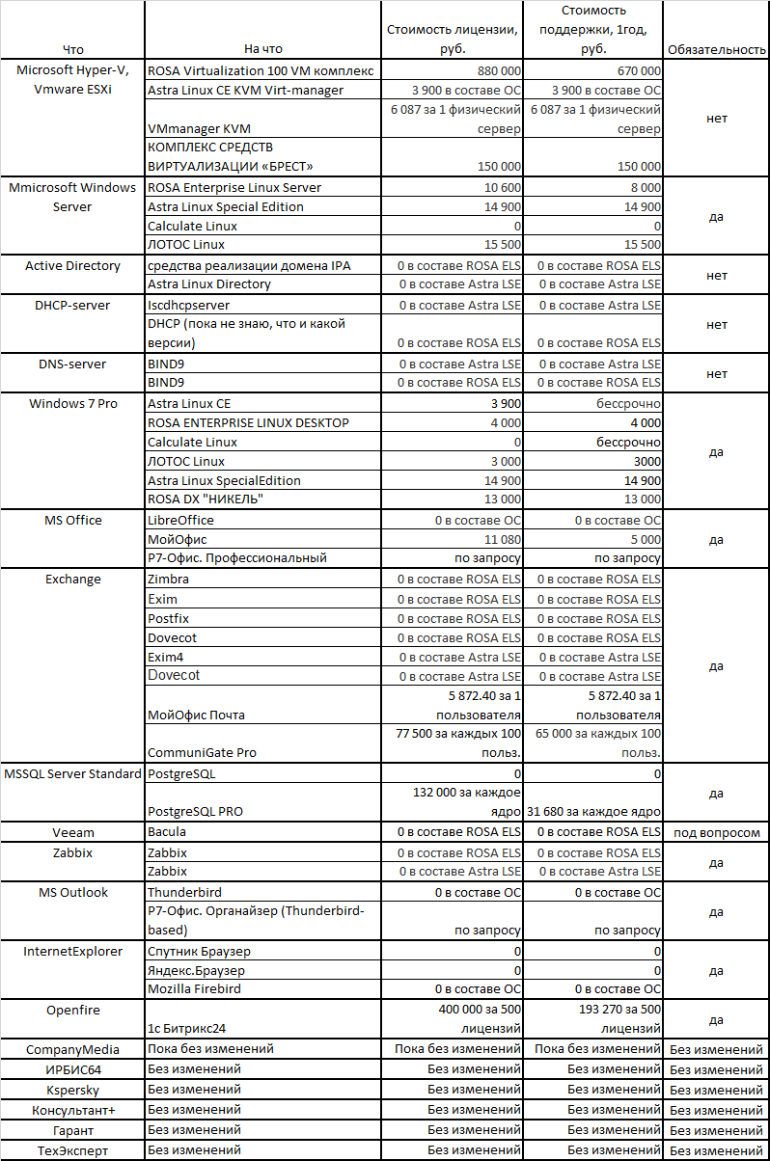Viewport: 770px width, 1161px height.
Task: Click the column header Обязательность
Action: [x=716, y=49]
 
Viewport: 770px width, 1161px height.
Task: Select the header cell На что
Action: [x=263, y=49]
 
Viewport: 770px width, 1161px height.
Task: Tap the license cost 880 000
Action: [x=499, y=71]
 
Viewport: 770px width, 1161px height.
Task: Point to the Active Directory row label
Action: [x=72, y=266]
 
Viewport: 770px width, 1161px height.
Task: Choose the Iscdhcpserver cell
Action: [x=189, y=305]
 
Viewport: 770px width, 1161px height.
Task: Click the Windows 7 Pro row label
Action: [x=72, y=404]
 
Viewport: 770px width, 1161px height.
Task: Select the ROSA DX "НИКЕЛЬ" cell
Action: [x=206, y=499]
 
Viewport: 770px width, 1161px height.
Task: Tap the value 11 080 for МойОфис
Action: [x=503, y=539]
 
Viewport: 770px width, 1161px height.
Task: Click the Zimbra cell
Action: [x=169, y=580]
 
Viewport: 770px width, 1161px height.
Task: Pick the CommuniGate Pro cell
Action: [x=203, y=752]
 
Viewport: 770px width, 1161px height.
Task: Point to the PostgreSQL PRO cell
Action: [x=196, y=811]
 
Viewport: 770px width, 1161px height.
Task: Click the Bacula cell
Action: [x=167, y=831]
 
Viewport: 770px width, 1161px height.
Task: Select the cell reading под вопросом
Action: [x=716, y=832]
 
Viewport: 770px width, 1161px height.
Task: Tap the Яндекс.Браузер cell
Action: [x=196, y=970]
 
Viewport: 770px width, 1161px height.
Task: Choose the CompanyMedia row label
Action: [x=72, y=1049]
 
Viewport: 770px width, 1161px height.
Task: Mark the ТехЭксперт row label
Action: [x=72, y=1150]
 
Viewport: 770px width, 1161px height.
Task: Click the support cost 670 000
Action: [x=638, y=71]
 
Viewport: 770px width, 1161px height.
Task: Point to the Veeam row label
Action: [x=72, y=832]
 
